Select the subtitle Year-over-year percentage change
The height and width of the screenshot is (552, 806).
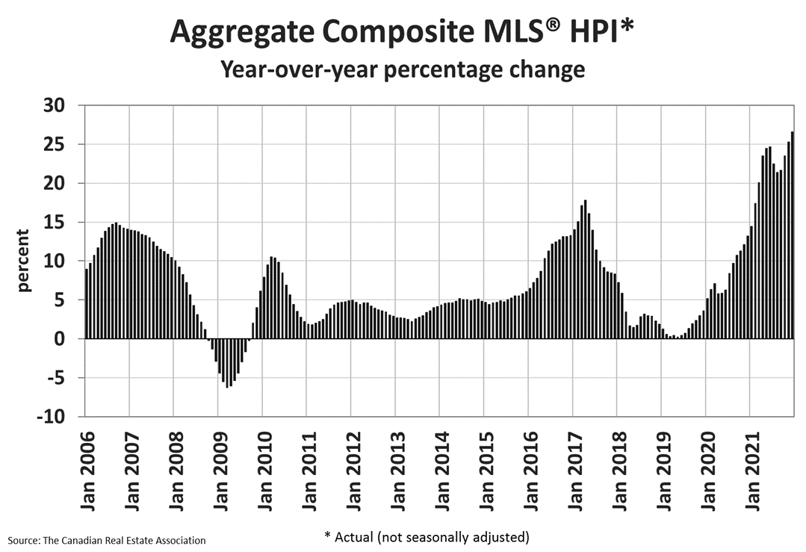(403, 70)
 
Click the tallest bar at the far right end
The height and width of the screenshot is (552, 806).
(792, 235)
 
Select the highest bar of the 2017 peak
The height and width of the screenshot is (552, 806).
(585, 269)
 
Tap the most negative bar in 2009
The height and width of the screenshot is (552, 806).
(227, 363)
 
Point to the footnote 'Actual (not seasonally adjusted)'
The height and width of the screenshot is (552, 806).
(427, 536)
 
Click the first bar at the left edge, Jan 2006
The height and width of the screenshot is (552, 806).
(87, 303)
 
